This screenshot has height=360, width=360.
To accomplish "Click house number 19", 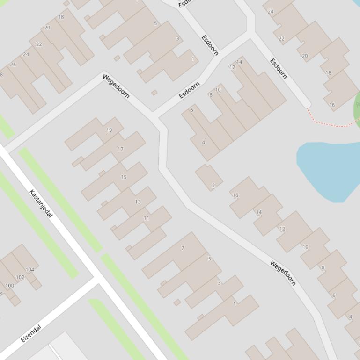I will [109, 130].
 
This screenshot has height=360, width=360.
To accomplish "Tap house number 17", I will [120, 149].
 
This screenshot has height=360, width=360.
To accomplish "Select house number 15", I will [124, 177].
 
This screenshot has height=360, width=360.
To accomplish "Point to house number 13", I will [138, 202].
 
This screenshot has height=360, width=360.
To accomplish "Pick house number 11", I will [147, 218].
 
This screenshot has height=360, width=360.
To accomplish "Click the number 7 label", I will [183, 248].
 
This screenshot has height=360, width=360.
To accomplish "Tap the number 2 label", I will [213, 186].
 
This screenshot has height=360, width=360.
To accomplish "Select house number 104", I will [30, 270].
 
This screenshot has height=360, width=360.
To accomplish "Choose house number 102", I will [20, 277].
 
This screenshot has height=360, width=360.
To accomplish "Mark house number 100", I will [9, 286].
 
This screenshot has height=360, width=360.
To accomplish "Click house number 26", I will [13, 65].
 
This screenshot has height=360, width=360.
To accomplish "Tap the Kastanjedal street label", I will [41, 203].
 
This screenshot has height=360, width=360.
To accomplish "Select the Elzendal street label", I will [31, 333].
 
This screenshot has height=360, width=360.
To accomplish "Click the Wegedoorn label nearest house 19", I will [116, 86].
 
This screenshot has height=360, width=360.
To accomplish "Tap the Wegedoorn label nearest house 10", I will [283, 273].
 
